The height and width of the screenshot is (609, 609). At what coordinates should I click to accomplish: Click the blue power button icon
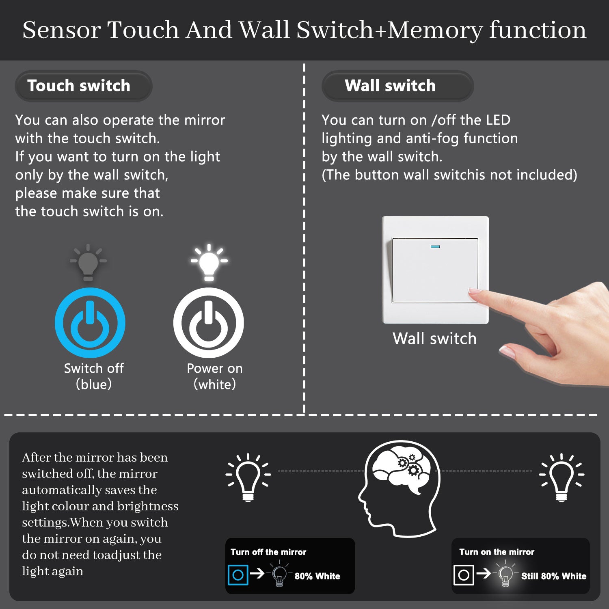(90, 323)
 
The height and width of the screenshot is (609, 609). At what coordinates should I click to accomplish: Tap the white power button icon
(209, 323)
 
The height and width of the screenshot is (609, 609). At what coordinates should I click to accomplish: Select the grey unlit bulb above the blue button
(88, 262)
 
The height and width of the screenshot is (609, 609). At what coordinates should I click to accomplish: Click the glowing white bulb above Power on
(209, 262)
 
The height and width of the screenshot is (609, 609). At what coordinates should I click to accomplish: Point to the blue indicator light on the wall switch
(435, 246)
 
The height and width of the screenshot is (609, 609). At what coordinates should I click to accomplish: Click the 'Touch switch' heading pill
(83, 86)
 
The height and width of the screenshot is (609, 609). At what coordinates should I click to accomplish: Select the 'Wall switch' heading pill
(397, 86)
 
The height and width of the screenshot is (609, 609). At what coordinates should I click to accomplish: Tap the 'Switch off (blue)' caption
(94, 376)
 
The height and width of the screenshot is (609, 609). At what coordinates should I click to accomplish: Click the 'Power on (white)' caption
(215, 376)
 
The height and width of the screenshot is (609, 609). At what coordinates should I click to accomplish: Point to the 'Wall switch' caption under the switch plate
(434, 338)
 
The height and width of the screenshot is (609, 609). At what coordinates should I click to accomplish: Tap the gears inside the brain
(409, 466)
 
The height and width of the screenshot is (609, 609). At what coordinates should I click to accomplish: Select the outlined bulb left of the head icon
(248, 477)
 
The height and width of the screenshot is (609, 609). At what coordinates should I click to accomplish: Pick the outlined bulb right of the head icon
(561, 477)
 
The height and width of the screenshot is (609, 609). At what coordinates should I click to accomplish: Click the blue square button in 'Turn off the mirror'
(238, 575)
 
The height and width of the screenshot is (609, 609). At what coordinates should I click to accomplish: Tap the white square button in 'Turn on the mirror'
(464, 575)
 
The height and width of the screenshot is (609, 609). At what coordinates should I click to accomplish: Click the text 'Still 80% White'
(554, 576)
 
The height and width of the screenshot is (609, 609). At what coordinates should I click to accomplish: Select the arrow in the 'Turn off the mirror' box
(257, 573)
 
